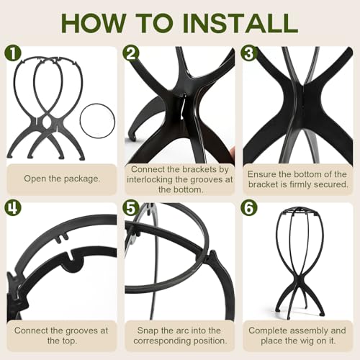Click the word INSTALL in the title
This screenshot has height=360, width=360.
[240, 23]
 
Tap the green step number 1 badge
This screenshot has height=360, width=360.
[13, 53]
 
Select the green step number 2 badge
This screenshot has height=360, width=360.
[130, 53]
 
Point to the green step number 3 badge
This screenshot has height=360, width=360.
[249, 53]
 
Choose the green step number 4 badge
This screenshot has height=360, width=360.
[13, 208]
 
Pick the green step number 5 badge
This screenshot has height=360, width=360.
[130, 208]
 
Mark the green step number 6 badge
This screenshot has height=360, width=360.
[249, 208]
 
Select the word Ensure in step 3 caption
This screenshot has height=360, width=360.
[260, 174]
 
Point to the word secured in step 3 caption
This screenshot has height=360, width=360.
[333, 184]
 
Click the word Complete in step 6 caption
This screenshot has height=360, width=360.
[264, 330]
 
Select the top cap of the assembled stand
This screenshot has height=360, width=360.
[297, 210]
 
